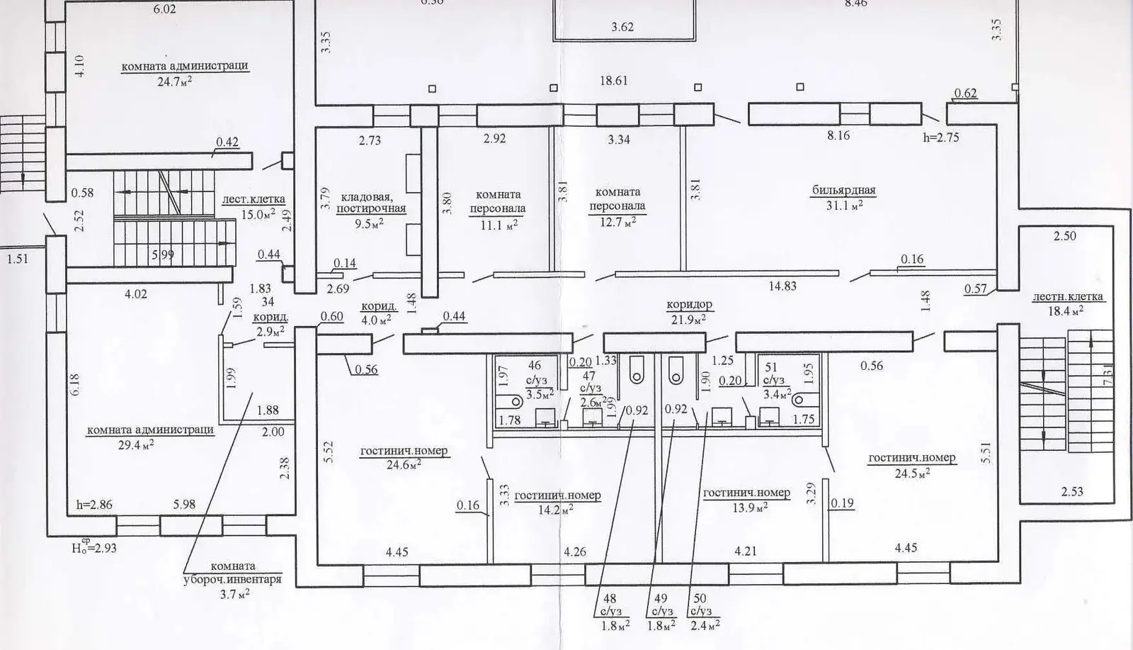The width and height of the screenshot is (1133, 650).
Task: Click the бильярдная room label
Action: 843,190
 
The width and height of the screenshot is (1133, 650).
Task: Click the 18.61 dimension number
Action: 614,81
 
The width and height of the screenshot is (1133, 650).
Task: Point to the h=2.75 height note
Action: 941,138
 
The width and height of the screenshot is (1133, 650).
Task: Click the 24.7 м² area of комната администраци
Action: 175,82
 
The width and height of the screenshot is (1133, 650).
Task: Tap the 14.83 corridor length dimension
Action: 782,286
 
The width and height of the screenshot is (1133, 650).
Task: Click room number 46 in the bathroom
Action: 534,366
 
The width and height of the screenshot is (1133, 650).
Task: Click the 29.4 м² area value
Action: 137,444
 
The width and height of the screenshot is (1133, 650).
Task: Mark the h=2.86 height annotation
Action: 94,505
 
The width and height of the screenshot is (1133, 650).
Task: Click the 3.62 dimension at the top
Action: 622,27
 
